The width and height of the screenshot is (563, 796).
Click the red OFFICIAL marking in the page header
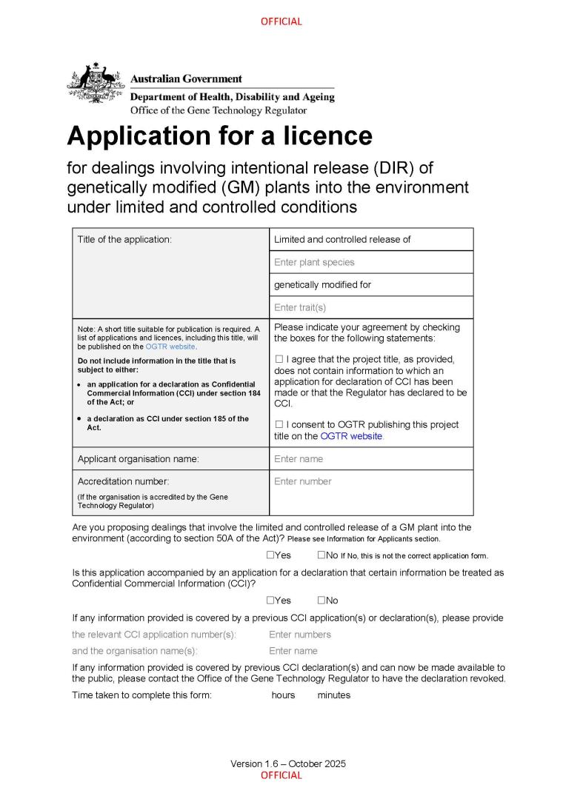pos(281,21)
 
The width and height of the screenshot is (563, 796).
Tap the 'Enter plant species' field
pos(314,262)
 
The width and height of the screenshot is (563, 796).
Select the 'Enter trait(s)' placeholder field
pos(300,307)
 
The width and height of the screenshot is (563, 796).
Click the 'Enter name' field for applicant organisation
pos(299,459)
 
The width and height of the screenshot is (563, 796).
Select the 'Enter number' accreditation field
pos(303,481)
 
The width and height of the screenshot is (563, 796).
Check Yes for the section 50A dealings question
pos(270,555)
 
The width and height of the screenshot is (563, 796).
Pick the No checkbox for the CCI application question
pos(322,601)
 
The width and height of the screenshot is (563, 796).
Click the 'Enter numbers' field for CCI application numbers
pos(300,635)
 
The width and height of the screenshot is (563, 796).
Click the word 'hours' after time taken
pos(283,695)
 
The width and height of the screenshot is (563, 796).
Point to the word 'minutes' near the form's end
pos(333,695)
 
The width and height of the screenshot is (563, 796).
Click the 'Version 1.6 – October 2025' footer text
pos(287,763)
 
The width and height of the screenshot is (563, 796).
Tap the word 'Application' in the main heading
pos(139,136)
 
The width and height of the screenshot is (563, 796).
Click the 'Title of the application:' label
pos(124,240)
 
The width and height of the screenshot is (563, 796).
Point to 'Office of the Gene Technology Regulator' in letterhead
pos(218,110)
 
